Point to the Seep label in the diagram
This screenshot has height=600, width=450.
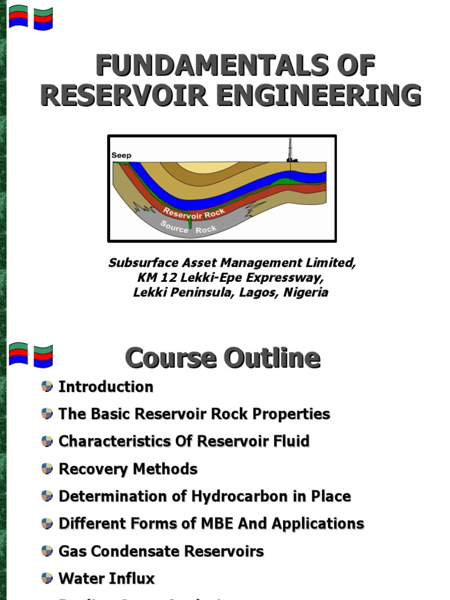coord(121,155)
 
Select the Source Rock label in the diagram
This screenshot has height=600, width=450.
coord(188,227)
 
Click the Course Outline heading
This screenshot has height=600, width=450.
coord(223,358)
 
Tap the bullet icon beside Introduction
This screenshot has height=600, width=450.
coord(47,386)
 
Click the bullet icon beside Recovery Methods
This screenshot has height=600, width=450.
coord(47,469)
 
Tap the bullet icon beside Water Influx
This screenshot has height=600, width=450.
coord(47,578)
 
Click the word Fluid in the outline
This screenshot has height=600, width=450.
coord(285,441)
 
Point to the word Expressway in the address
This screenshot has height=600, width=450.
coord(289,277)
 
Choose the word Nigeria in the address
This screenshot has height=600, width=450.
coord(306,292)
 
